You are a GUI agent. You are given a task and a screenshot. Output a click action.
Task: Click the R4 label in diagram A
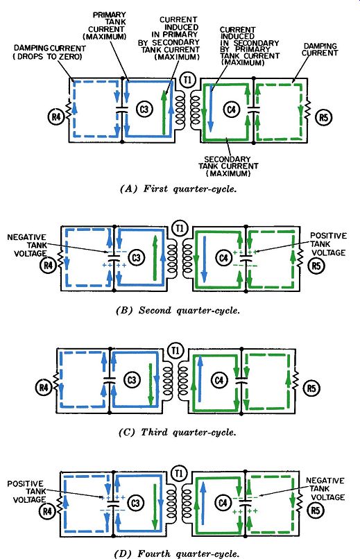coord(56,117)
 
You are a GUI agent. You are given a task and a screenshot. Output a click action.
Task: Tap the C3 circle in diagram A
coord(144,109)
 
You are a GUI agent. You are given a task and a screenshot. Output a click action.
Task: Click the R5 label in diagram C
coord(312,388)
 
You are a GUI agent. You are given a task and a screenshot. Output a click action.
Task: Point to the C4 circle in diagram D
coord(223,503)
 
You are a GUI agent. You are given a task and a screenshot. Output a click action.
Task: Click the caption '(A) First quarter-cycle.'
coord(178,189)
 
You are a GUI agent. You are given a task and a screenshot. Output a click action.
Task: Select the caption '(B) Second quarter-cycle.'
coord(178,311)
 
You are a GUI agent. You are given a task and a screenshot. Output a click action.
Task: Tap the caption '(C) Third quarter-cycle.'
coord(177,433)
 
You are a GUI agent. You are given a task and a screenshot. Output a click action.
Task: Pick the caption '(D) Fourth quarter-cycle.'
coord(176,553)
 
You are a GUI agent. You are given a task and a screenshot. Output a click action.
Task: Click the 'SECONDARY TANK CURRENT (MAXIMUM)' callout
coord(228,166)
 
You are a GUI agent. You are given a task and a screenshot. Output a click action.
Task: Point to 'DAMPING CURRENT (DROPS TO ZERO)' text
coord(49,52)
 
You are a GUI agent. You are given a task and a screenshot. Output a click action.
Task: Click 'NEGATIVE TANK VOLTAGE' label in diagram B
coord(27,246)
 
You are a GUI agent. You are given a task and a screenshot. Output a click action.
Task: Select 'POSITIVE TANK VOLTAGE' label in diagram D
coord(27,492)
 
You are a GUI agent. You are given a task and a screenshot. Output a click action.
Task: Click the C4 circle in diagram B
coord(224,257)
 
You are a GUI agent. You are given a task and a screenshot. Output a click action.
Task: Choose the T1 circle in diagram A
coord(187,80)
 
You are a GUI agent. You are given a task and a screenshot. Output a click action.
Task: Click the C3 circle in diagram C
coord(132,380)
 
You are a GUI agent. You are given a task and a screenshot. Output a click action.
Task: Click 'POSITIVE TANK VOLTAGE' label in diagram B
coord(328,244)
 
